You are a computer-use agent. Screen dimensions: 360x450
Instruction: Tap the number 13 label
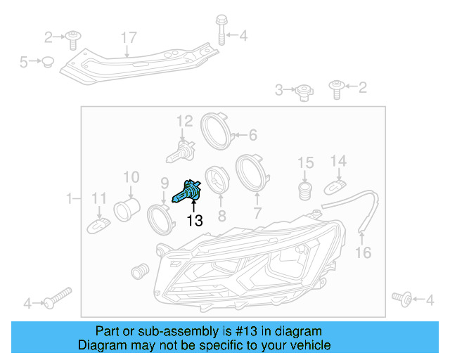(x=195, y=221)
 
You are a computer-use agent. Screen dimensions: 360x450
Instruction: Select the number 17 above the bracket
(x=127, y=37)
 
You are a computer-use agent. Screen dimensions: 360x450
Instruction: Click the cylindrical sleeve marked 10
(x=128, y=208)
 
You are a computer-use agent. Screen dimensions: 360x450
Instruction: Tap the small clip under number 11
(x=99, y=226)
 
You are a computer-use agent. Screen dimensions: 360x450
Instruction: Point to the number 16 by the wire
(x=363, y=252)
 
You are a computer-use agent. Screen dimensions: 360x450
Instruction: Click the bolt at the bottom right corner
(x=404, y=300)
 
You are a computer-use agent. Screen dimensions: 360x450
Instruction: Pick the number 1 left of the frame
(x=70, y=199)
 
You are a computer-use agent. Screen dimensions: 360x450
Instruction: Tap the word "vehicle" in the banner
(x=307, y=345)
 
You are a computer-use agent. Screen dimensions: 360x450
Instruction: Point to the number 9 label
(x=164, y=181)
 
